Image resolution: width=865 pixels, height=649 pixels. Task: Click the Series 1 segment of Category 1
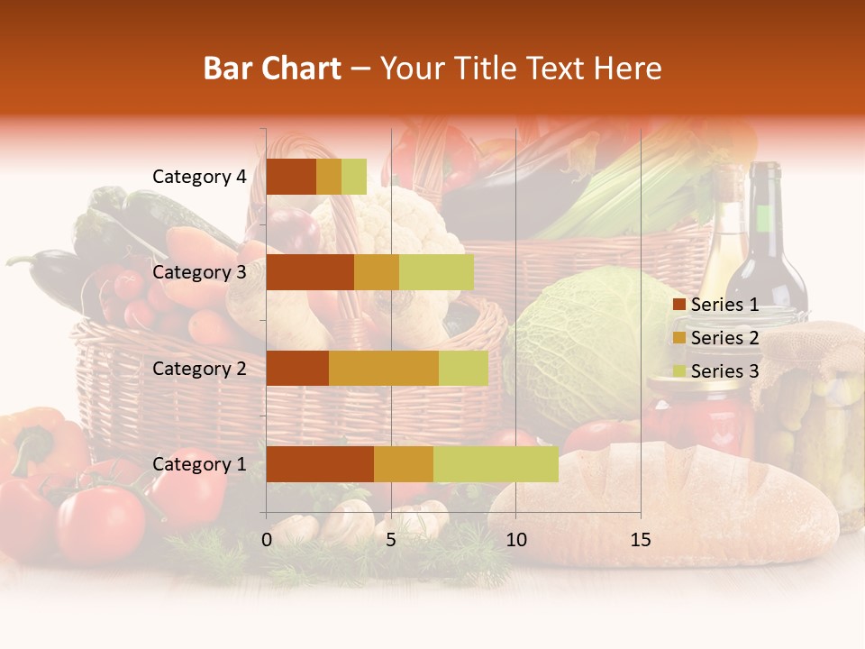point(320,464)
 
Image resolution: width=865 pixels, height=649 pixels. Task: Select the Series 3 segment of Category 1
point(496,464)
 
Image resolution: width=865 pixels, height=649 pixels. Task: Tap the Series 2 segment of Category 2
point(384,369)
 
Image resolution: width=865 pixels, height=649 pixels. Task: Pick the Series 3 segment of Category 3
point(436,272)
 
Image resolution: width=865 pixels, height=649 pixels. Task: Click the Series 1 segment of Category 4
point(291,177)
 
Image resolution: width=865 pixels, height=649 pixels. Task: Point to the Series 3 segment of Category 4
point(354,177)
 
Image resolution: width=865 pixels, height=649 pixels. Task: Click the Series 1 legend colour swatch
point(678,305)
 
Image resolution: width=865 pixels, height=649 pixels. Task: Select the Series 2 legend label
point(724,338)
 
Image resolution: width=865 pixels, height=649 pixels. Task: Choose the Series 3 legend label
point(724,371)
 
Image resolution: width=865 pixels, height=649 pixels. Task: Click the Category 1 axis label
point(198,464)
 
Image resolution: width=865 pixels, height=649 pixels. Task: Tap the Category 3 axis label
point(198,272)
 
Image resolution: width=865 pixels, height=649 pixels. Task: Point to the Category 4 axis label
point(198,177)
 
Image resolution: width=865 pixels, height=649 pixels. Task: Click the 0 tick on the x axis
point(267,540)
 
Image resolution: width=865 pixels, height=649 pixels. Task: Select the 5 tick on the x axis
point(391,540)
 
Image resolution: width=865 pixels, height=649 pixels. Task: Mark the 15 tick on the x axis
point(641,540)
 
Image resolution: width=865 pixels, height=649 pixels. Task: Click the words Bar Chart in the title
point(272,69)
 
